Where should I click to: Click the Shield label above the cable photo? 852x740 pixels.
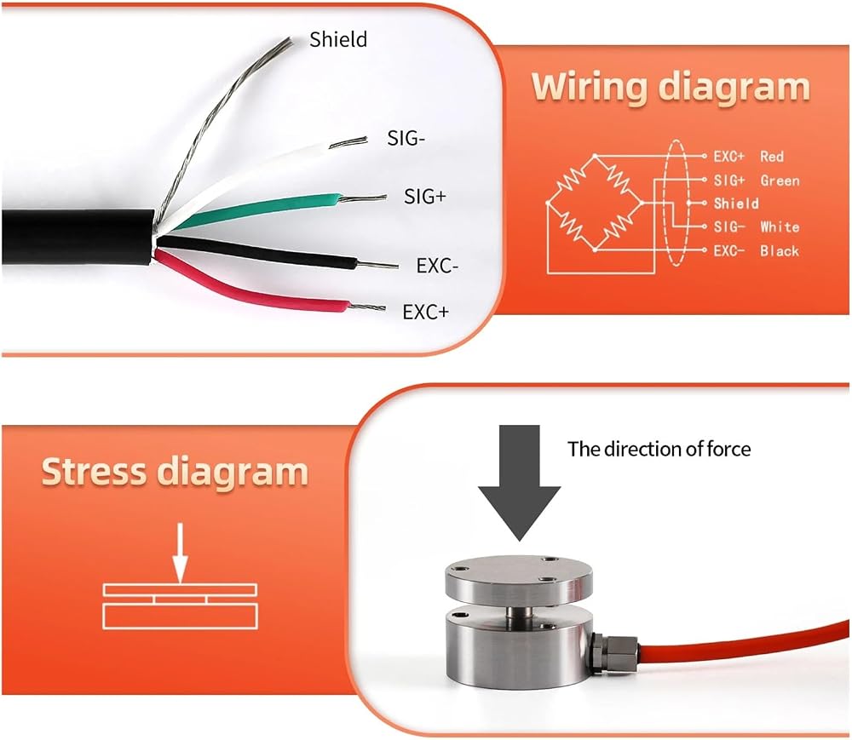338,39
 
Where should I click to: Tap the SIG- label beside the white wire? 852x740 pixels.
406,139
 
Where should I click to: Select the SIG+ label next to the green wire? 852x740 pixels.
425,196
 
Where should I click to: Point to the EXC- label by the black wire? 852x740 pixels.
437,266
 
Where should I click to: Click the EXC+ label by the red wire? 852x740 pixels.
426,312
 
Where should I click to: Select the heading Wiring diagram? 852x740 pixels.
671,87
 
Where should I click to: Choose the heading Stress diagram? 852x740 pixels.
175,471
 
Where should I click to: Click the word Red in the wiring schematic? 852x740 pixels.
772,157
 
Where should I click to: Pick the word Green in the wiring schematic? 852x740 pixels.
780,181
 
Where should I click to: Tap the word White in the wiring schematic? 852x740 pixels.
780,227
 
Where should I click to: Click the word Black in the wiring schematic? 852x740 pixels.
780,250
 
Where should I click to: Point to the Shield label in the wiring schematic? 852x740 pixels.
736,203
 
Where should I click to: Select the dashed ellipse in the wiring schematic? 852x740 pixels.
666,203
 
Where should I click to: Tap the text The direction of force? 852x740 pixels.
659,449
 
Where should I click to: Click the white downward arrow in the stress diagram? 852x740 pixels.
181,553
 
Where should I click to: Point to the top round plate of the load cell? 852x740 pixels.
518,581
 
